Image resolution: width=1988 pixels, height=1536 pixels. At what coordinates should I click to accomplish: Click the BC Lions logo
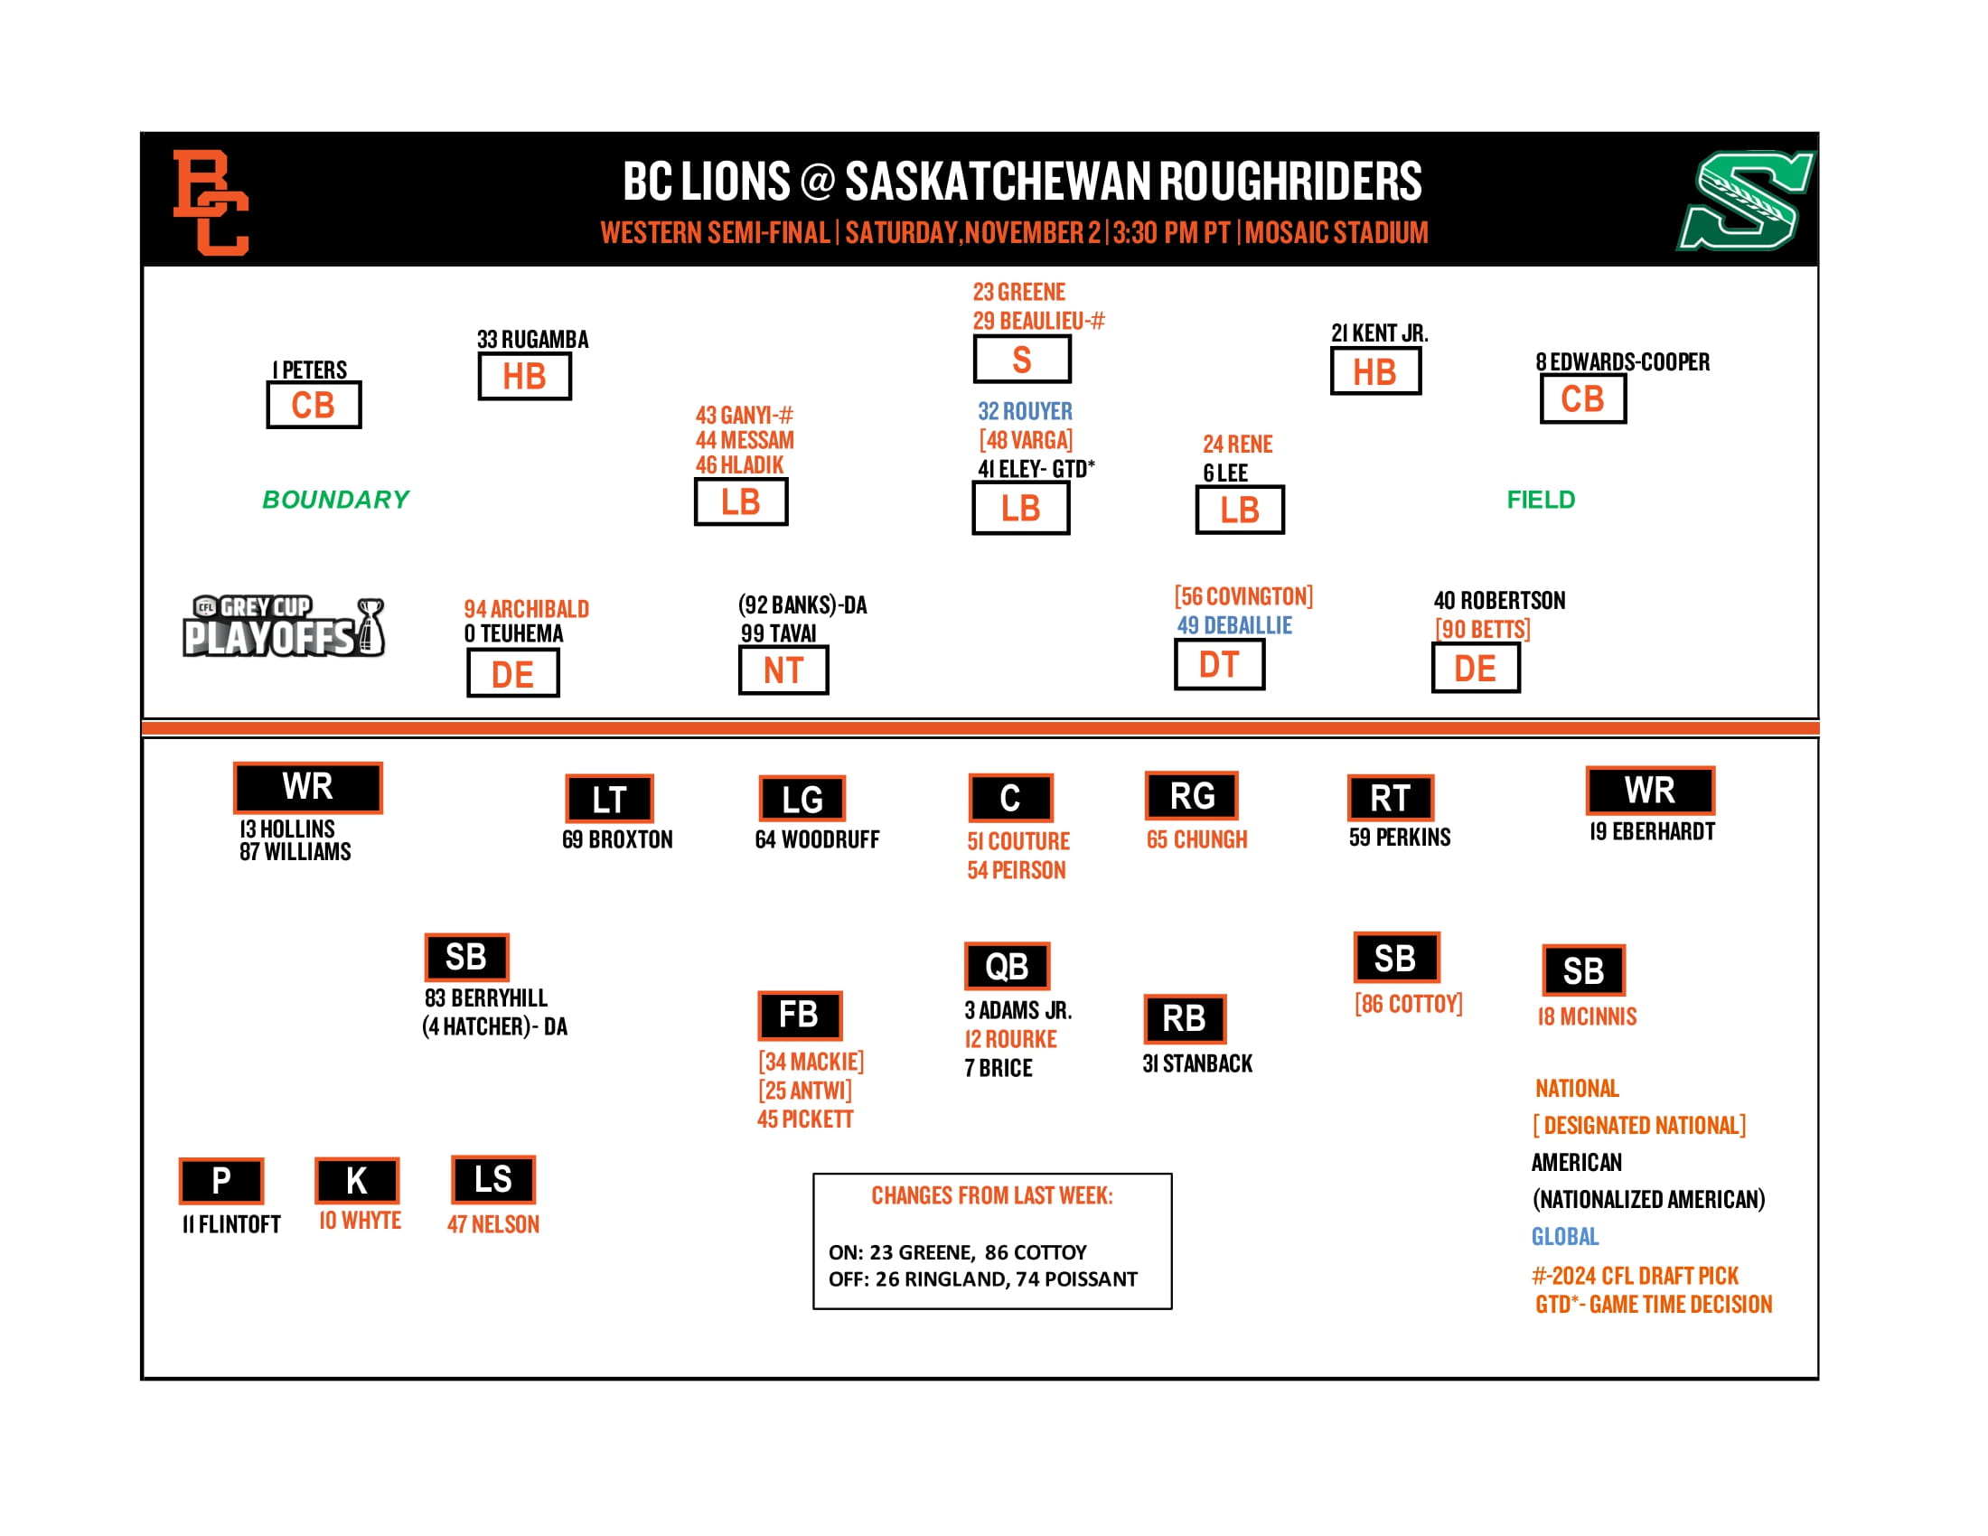pyautogui.click(x=211, y=202)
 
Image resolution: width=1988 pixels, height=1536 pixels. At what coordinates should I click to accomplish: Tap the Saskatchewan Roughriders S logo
pyautogui.click(x=1744, y=201)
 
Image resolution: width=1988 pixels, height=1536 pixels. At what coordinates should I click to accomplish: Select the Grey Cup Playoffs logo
pyautogui.click(x=284, y=627)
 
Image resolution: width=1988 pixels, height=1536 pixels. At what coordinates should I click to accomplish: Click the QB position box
pyautogui.click(x=1007, y=966)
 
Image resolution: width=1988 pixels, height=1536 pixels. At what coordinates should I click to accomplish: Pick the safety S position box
pyautogui.click(x=1021, y=360)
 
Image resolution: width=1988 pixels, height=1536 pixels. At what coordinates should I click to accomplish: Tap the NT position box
pyautogui.click(x=783, y=670)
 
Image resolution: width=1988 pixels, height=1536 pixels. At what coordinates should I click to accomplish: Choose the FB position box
pyautogui.click(x=799, y=1015)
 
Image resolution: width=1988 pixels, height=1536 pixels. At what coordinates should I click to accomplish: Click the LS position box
pyautogui.click(x=492, y=1179)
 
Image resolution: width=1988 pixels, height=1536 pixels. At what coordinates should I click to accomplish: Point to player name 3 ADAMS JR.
pyautogui.click(x=1017, y=1010)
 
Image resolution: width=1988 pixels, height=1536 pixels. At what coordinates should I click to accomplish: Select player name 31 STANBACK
pyautogui.click(x=1197, y=1063)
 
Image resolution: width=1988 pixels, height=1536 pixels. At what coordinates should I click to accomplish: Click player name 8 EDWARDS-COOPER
pyautogui.click(x=1622, y=362)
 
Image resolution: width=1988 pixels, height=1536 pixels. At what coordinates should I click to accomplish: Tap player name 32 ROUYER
pyautogui.click(x=1025, y=411)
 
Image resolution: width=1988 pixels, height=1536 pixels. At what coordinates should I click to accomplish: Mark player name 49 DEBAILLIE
pyautogui.click(x=1234, y=625)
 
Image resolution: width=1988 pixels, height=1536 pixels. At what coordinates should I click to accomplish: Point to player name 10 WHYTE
pyautogui.click(x=360, y=1221)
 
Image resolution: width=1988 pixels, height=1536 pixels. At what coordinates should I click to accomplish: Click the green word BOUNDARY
pyautogui.click(x=336, y=500)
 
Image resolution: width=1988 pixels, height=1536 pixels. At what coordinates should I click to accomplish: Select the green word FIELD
pyautogui.click(x=1540, y=500)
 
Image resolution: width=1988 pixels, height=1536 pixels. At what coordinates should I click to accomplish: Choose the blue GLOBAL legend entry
pyautogui.click(x=1565, y=1237)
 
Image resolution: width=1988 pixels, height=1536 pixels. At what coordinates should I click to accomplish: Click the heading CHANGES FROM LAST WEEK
pyautogui.click(x=991, y=1195)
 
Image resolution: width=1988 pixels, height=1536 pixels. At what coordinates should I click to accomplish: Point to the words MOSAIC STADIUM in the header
pyautogui.click(x=1336, y=233)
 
